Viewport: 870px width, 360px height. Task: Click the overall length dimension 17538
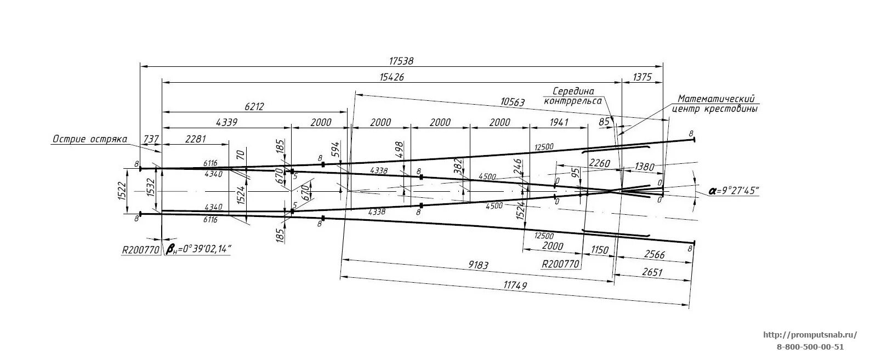401,61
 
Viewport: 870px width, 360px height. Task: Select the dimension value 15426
391,78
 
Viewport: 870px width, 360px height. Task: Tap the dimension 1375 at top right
641,78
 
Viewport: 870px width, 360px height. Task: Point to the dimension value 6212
254,107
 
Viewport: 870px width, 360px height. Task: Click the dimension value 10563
513,102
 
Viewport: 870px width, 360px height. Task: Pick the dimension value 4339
226,123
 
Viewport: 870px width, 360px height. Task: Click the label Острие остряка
90,139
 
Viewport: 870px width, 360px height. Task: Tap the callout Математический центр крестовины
716,104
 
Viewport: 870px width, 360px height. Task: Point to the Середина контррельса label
573,96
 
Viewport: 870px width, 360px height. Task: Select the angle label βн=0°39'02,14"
198,250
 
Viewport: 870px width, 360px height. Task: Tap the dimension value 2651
652,272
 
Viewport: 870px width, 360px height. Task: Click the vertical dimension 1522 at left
122,190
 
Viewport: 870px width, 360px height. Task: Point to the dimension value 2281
195,139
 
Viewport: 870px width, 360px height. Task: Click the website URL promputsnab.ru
809,334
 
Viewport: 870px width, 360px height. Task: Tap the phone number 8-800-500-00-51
810,346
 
